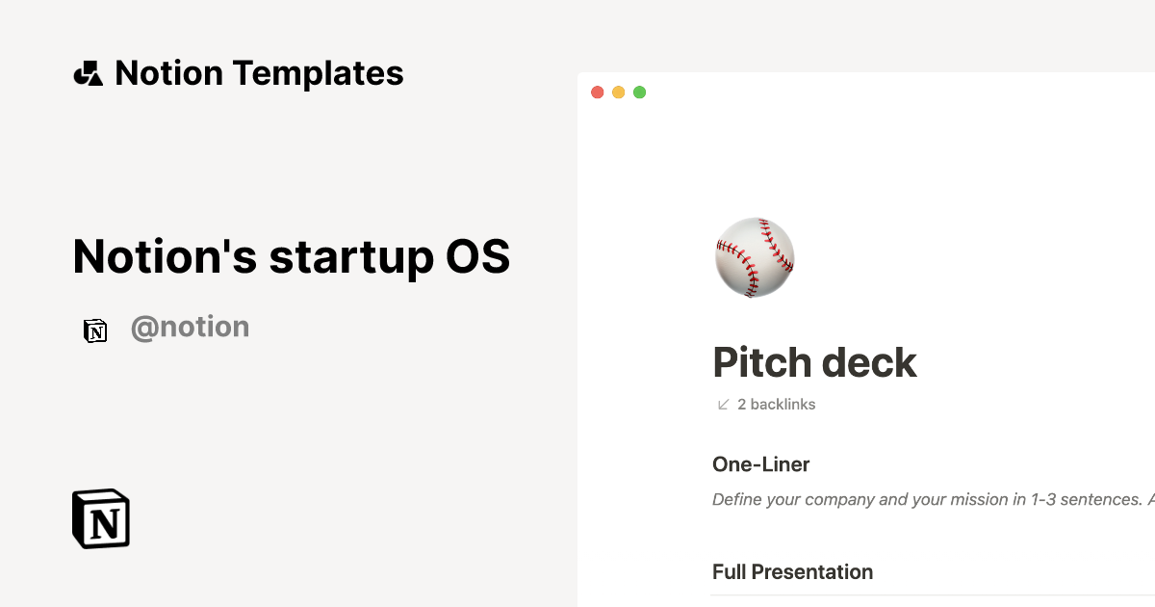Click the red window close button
coord(597,92)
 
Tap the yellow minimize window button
coord(618,92)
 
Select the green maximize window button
coord(639,92)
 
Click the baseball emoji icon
coord(756,257)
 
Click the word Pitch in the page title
coord(760,363)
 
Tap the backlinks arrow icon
coord(724,405)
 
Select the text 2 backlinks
coord(776,405)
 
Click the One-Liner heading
coord(760,464)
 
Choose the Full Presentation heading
coord(792,571)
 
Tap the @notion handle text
coord(190,328)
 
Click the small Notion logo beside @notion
coord(95,330)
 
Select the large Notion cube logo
coord(101,519)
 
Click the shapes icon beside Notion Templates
coord(88,73)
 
